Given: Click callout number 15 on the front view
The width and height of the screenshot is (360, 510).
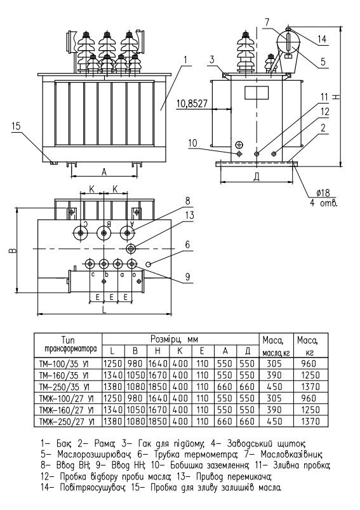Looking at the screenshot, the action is (16, 126).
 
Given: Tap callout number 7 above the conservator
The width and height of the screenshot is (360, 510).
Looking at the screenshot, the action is (267, 22).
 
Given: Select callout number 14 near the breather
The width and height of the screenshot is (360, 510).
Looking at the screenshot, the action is (322, 39).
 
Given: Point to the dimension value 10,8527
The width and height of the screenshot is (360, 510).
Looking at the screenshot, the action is (192, 104).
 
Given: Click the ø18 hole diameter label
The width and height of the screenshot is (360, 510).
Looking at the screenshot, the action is (323, 193).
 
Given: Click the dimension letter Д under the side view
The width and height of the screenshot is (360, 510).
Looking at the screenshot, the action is (257, 177).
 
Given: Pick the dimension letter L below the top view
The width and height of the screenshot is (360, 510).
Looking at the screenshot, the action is (104, 309).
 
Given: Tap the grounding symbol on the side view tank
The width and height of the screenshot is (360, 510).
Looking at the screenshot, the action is (239, 145).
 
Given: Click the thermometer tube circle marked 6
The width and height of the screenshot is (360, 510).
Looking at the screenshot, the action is (149, 264).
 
